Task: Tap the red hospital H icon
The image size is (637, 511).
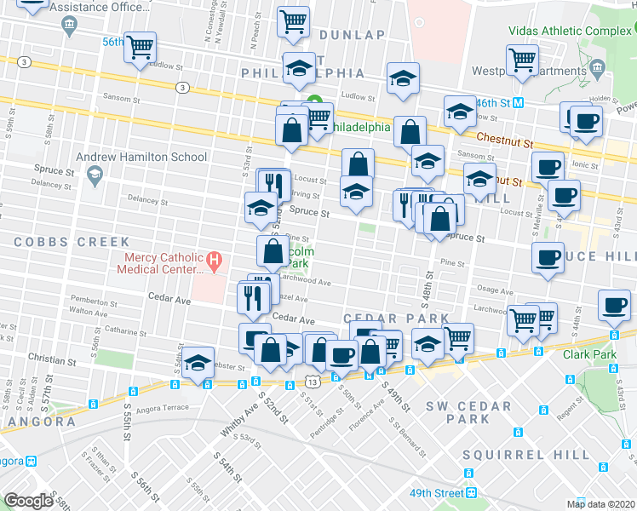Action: [x=215, y=259]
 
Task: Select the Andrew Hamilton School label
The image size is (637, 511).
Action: [x=141, y=157]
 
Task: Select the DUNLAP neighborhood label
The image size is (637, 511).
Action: [x=353, y=35]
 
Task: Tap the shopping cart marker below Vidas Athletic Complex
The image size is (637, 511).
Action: [x=523, y=60]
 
